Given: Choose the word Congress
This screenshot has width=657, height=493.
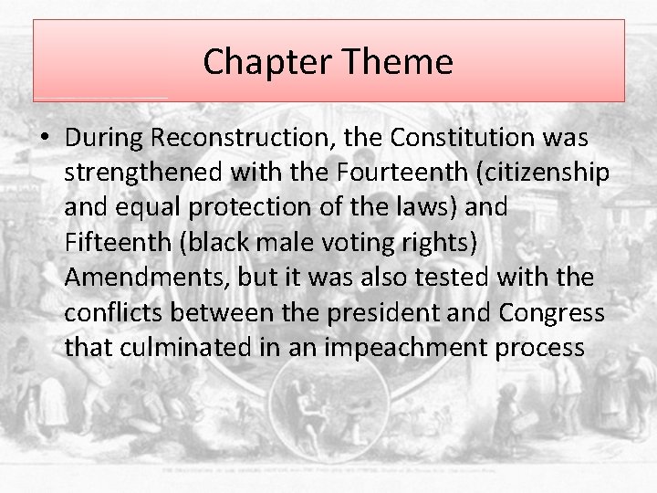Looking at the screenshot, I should point(551,312).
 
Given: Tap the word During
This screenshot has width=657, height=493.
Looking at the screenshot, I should point(105,139).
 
